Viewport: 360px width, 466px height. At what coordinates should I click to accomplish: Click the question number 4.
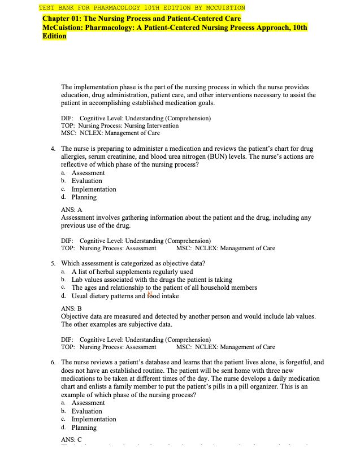52,149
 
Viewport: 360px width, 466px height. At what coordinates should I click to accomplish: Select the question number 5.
52,263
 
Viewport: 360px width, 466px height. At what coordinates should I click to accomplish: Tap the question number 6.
52,362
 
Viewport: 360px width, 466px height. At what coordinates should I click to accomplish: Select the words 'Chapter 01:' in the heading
62,19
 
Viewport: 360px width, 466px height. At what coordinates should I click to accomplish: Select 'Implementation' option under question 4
94,189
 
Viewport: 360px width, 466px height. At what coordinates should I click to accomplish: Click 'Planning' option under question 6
84,428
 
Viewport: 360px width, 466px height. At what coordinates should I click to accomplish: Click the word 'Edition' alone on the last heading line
54,36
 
